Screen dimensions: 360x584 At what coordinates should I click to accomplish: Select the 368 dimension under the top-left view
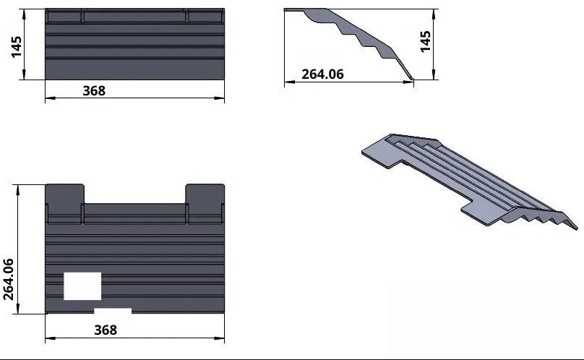click(x=94, y=90)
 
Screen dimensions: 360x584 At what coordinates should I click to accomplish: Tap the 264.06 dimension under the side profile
click(x=322, y=74)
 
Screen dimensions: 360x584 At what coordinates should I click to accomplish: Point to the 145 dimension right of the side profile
click(x=426, y=40)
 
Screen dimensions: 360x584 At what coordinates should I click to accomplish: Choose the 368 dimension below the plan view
click(x=106, y=330)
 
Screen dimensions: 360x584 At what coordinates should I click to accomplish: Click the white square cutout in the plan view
click(x=82, y=286)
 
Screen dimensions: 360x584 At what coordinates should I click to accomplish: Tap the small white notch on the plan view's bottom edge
click(x=113, y=312)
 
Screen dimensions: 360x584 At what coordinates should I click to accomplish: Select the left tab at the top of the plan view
click(x=65, y=194)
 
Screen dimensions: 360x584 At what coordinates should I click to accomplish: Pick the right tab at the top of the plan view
click(x=205, y=194)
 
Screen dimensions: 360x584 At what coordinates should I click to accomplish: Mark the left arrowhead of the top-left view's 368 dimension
click(x=48, y=100)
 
